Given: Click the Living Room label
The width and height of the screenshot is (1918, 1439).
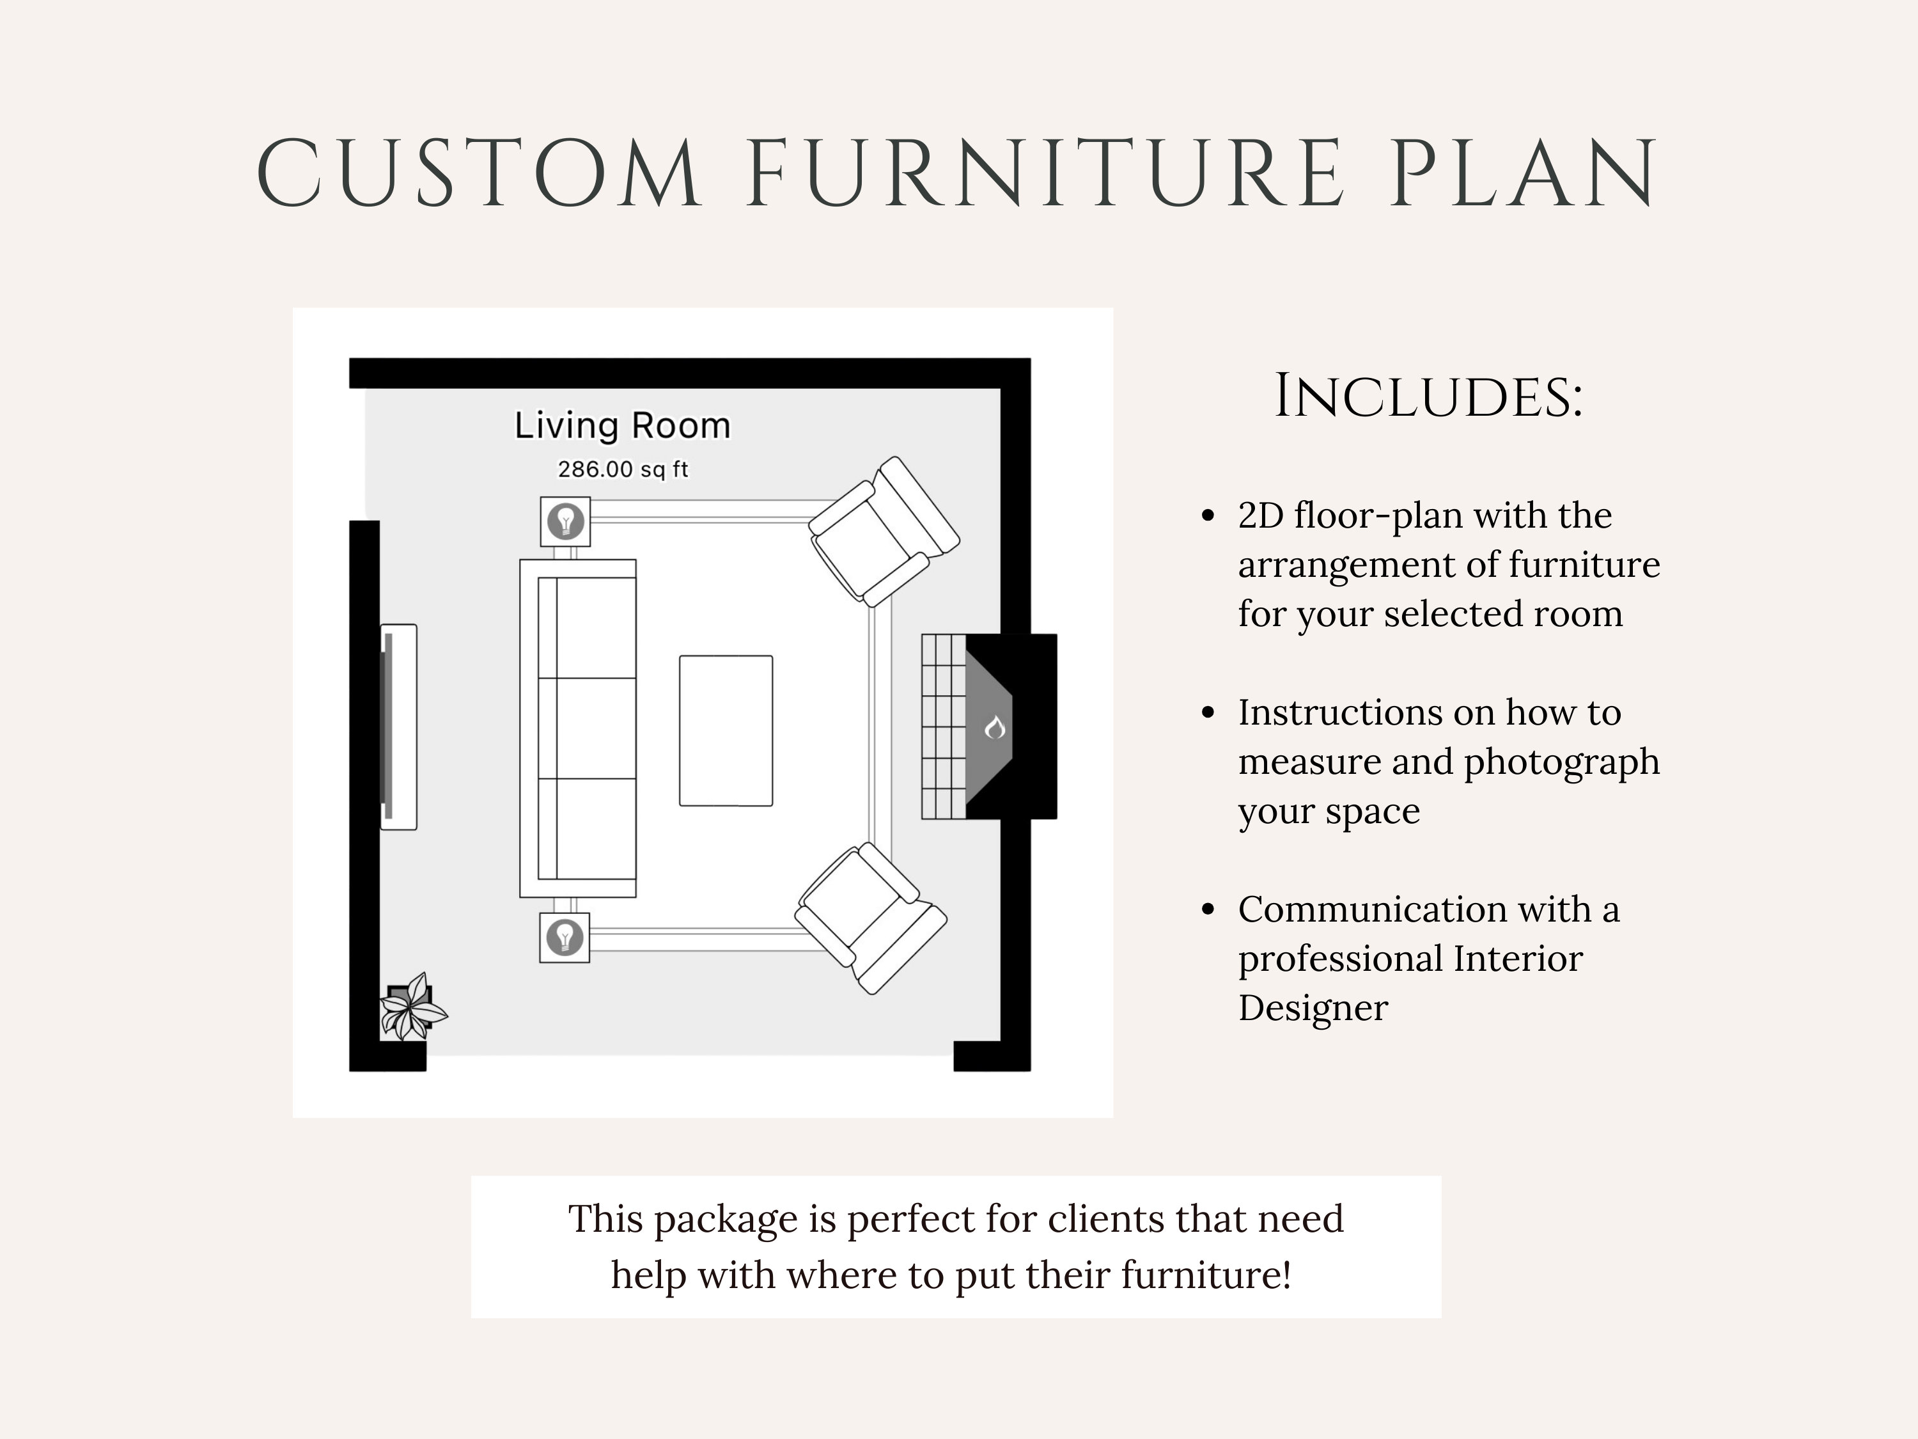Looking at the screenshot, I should (623, 426).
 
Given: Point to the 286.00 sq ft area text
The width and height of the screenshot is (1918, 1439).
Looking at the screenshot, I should (623, 469).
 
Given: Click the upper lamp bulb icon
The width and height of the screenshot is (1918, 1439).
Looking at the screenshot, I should (565, 521).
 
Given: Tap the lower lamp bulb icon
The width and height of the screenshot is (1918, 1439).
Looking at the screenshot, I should (565, 938).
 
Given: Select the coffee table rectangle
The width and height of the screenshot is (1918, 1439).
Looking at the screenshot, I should (726, 730).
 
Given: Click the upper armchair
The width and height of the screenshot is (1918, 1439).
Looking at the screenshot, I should (883, 531).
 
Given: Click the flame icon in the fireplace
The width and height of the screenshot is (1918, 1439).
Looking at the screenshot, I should (995, 728).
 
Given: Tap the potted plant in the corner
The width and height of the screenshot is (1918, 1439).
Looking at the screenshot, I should (411, 1009).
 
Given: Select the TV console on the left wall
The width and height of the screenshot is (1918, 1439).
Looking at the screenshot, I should (399, 727).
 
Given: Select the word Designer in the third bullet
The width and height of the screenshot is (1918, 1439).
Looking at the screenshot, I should (1313, 1009).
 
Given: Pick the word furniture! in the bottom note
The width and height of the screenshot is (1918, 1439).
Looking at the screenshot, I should (1205, 1275).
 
